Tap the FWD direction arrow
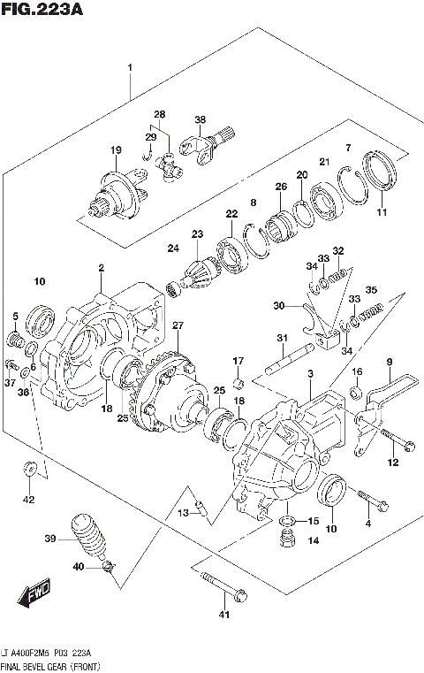(x=38, y=592)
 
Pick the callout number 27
(x=178, y=325)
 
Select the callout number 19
(x=115, y=150)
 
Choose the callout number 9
(x=388, y=361)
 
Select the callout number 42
(x=28, y=500)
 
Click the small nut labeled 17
(x=238, y=382)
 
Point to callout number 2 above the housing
(x=101, y=267)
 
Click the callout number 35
(x=371, y=289)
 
